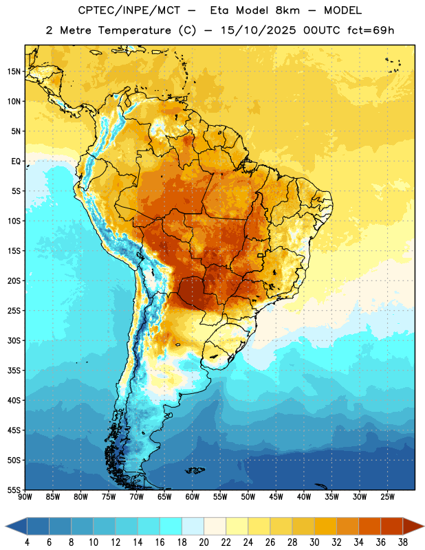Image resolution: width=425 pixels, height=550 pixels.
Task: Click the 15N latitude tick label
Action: (x=14, y=71)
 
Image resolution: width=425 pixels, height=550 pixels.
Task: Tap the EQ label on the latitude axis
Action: (x=16, y=162)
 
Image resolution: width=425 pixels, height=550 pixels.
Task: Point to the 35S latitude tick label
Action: (x=14, y=371)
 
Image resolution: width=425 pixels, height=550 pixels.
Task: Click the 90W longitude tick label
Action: (x=25, y=496)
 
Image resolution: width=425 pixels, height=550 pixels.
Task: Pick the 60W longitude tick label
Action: (x=193, y=496)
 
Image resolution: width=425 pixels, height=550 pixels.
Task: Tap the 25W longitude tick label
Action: (x=387, y=496)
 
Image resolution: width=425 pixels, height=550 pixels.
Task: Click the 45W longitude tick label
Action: (x=276, y=496)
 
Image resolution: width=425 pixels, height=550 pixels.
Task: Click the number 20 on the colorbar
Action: (x=204, y=542)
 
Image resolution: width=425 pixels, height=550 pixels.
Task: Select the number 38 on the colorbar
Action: (x=403, y=542)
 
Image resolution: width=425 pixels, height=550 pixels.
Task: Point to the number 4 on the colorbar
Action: (x=27, y=542)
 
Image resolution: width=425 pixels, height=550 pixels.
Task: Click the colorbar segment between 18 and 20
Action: (x=193, y=526)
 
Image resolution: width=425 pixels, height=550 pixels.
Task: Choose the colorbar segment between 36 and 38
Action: (x=392, y=526)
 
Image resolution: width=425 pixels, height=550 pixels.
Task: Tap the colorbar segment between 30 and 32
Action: (x=325, y=526)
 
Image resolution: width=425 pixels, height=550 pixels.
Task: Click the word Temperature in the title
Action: (x=135, y=30)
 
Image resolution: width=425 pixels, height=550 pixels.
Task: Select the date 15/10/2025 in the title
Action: (x=259, y=30)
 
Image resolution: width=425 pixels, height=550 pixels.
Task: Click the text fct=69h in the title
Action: (x=371, y=30)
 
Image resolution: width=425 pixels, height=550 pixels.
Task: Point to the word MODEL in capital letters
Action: (x=343, y=10)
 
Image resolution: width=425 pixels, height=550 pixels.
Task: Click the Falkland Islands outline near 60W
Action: (x=195, y=470)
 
